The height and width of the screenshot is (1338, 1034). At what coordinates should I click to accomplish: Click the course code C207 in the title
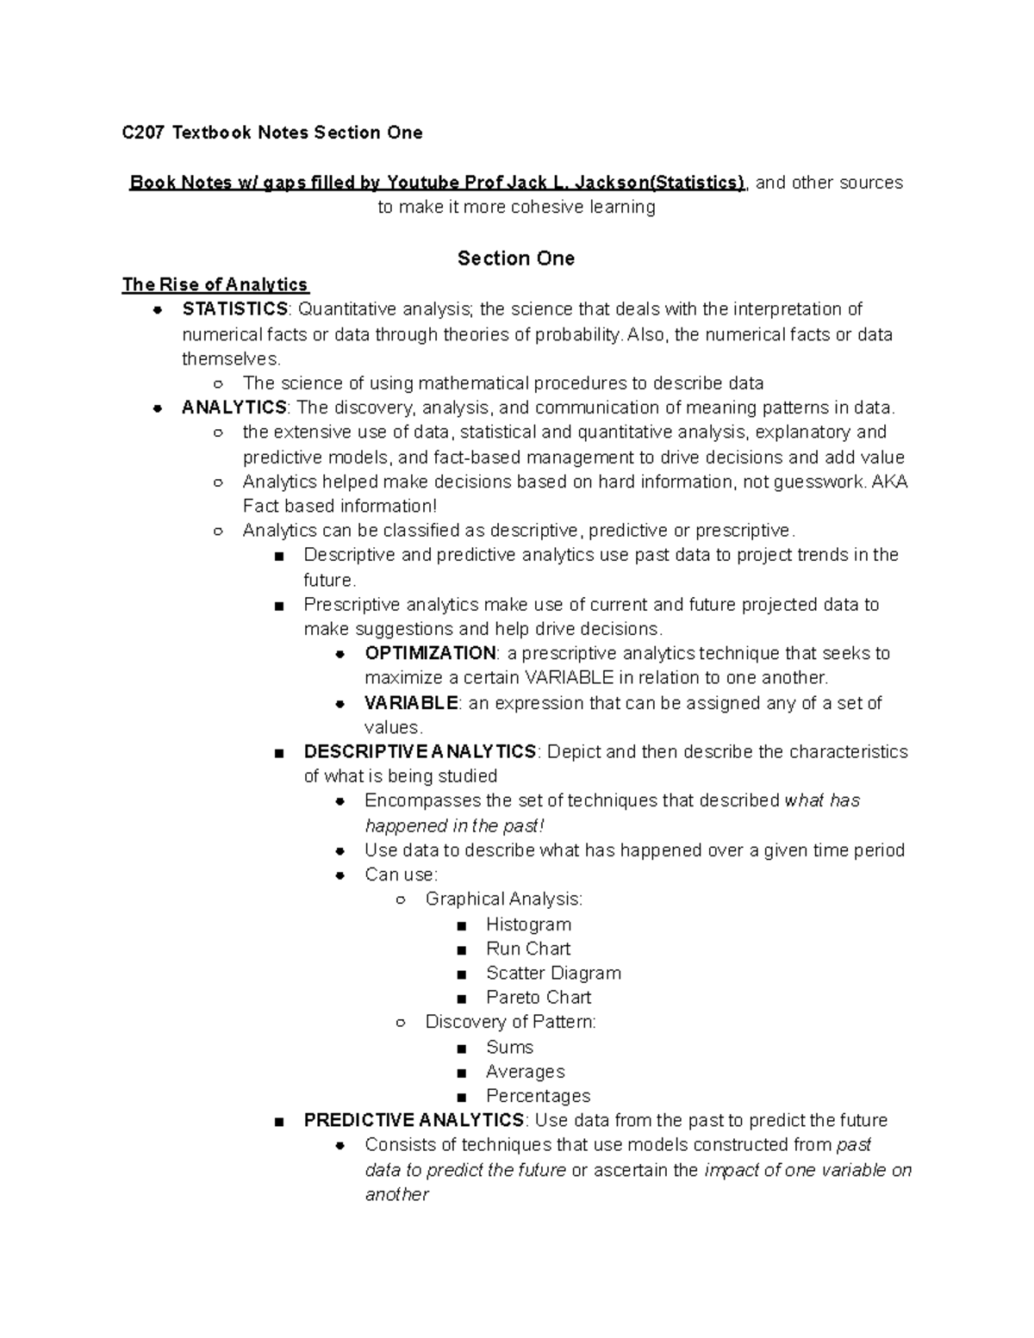[x=143, y=133]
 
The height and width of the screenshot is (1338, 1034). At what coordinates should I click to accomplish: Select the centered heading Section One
[x=515, y=258]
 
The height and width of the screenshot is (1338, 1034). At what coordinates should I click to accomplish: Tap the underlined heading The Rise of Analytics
[x=215, y=284]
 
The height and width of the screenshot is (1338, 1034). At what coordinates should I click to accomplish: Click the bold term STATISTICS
[x=234, y=309]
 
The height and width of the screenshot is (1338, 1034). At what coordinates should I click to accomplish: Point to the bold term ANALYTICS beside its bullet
[x=234, y=408]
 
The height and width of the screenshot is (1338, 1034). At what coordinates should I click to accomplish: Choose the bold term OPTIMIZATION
[x=430, y=653]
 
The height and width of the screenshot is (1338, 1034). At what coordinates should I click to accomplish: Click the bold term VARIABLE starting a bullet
[x=411, y=703]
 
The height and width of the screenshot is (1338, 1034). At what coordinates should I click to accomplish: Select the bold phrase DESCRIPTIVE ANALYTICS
[x=420, y=752]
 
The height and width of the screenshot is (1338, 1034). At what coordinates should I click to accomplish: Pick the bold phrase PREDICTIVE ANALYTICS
[x=414, y=1120]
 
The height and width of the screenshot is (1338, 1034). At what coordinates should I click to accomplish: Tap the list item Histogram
[x=528, y=924]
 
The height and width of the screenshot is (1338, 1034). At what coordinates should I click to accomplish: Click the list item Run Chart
[x=528, y=949]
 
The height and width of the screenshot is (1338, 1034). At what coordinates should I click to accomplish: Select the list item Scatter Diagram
[x=553, y=974]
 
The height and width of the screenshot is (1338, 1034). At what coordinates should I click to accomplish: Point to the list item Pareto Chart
[x=539, y=998]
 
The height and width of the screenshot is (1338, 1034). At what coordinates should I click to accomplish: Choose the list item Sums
[x=510, y=1048]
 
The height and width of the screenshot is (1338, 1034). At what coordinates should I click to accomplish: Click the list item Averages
[x=526, y=1072]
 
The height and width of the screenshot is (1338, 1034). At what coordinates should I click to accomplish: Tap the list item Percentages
[x=539, y=1096]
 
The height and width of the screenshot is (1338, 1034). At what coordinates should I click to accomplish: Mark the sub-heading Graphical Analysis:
[x=504, y=899]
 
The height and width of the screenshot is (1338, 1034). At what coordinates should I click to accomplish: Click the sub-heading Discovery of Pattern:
[x=510, y=1022]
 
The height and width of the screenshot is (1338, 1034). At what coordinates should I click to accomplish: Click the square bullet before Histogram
[x=463, y=926]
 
